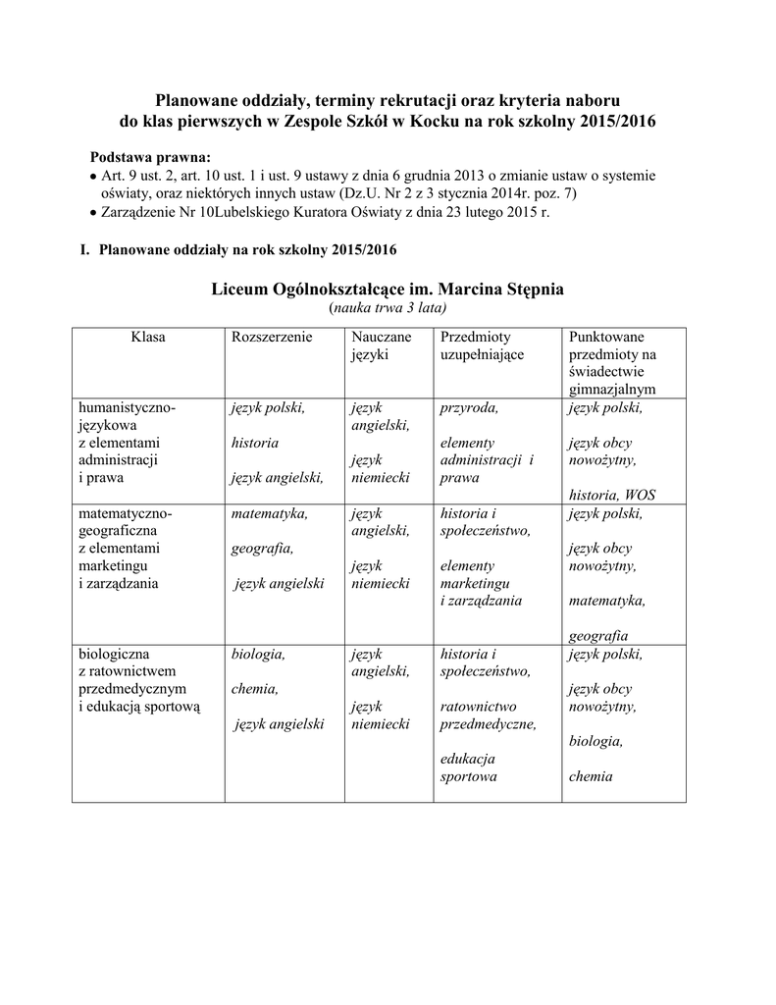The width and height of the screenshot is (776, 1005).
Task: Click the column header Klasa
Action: click(148, 337)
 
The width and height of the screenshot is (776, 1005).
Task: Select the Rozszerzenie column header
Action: click(272, 337)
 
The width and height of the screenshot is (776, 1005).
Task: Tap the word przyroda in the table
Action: click(469, 407)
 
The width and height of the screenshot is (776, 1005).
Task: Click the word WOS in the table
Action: click(639, 496)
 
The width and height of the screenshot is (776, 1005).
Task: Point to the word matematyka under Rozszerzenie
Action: click(270, 513)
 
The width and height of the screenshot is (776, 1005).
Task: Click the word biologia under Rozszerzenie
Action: click(258, 654)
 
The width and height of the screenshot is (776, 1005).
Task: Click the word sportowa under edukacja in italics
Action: click(469, 777)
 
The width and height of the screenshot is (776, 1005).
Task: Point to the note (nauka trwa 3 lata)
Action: click(388, 308)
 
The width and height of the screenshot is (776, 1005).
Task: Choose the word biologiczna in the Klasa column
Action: click(118, 654)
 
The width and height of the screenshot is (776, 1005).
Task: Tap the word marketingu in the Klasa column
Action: click(113, 566)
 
